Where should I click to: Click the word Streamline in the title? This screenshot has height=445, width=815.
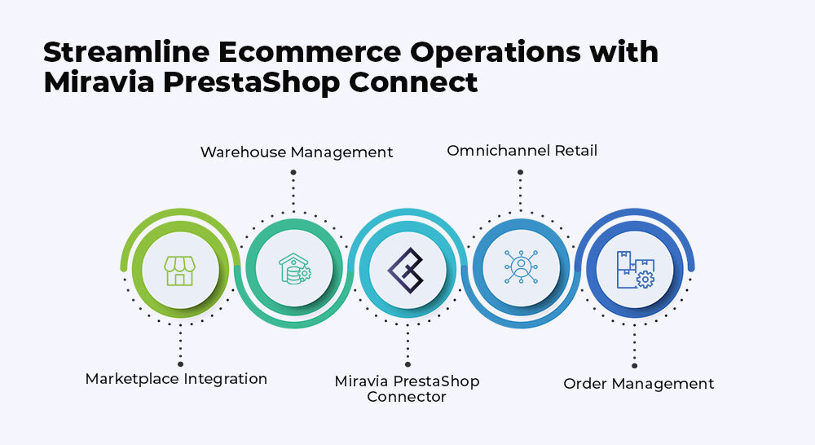pos(126,52)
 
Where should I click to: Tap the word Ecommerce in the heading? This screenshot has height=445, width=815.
pos(309,52)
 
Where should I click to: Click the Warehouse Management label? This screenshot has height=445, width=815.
pos(297,152)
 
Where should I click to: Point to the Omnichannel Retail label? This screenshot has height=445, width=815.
pos(522,151)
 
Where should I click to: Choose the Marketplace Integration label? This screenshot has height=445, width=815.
pos(176,379)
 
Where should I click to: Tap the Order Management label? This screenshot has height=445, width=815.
pos(639,384)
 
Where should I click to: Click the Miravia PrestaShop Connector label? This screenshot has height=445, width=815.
pos(407,389)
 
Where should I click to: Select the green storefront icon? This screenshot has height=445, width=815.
pos(180,271)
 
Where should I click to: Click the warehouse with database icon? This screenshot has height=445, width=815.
pos(295,269)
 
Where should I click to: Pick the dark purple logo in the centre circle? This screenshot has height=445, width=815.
pos(406,271)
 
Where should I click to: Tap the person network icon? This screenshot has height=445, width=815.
pos(521,267)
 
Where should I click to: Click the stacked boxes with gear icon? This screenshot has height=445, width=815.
pos(636,269)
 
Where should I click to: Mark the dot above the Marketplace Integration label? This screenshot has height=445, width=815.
pos(180,364)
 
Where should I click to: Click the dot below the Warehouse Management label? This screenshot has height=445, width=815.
pos(293,172)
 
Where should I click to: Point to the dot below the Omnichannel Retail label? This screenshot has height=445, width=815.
pos(520,172)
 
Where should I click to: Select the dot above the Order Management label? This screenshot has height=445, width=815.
pos(634,366)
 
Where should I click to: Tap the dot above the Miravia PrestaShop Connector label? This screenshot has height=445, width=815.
pos(407,364)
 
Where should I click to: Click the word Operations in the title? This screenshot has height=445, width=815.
pos(496,52)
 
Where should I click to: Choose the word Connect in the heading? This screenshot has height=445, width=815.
pos(413,82)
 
